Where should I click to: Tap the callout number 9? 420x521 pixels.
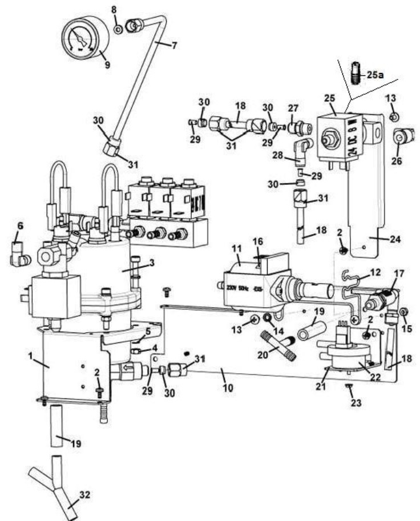[107, 64]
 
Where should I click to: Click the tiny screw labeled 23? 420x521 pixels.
[347, 388]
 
